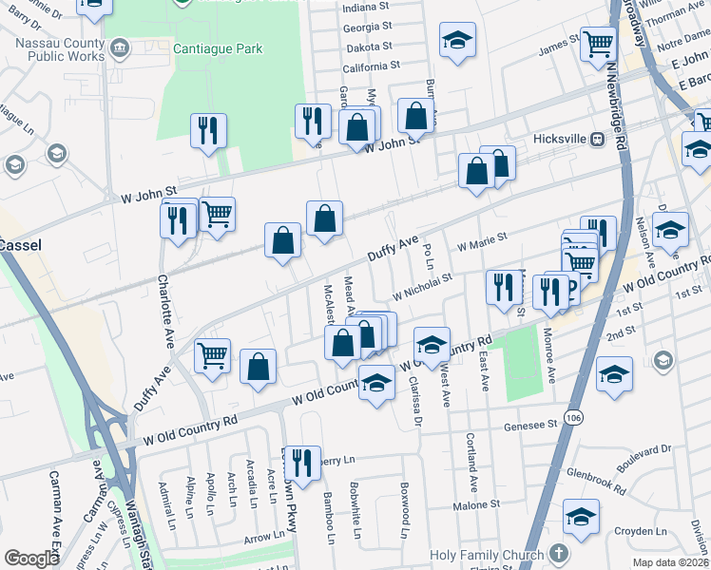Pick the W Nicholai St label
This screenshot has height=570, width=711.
coord(419,282)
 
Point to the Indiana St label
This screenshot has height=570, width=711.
coord(367,8)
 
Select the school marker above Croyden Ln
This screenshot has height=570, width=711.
coord(581,516)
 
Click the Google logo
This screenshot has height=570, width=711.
coord(32,559)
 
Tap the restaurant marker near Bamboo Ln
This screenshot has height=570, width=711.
coord(302,463)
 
